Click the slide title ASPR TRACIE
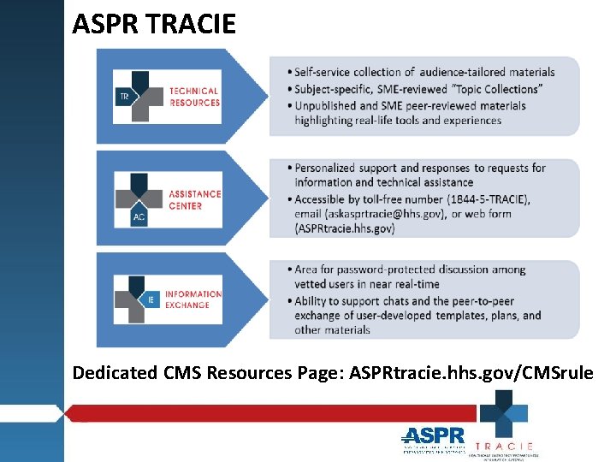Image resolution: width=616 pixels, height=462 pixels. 154,24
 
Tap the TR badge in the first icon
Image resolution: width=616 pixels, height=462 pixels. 125,98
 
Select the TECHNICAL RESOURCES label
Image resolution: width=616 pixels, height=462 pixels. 194,97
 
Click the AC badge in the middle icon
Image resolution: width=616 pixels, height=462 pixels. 139,217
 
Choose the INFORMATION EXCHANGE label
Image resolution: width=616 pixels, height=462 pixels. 192,299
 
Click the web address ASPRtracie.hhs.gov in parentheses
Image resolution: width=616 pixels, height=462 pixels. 345,228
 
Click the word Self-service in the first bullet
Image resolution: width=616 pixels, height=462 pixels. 324,72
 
